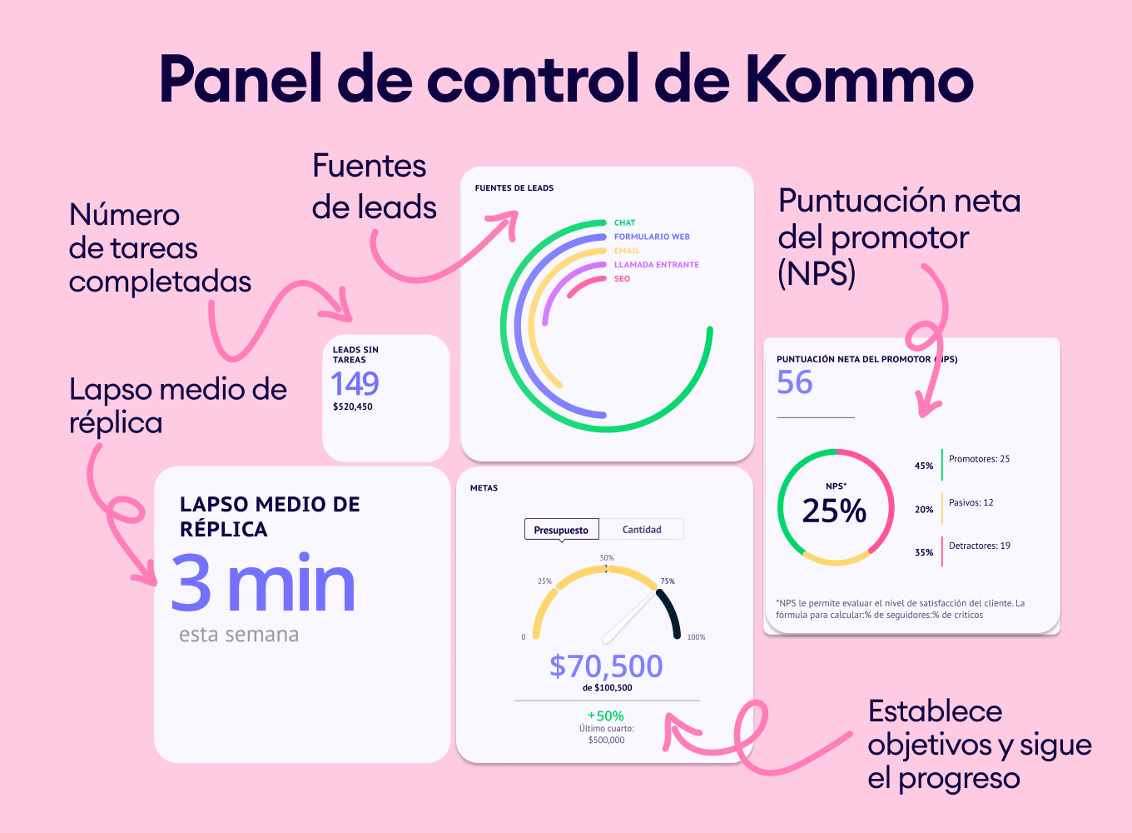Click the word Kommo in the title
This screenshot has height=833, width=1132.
point(858,79)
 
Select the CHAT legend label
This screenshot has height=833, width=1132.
point(624,222)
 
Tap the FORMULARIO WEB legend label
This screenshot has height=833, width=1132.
point(652,237)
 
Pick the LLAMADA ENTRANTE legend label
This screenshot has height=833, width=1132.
point(656,265)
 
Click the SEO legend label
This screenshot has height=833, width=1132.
point(622,279)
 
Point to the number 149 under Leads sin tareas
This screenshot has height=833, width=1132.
point(355,384)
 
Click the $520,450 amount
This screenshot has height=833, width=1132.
point(353,407)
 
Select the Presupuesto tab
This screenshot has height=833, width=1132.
point(561,530)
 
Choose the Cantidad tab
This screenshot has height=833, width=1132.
point(642,530)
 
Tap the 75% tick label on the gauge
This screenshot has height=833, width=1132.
point(668,581)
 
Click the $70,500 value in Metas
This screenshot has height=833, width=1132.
point(606,666)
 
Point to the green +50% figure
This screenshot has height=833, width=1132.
point(606,716)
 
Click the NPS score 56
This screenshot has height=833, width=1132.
point(794,382)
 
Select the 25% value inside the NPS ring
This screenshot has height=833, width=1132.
point(834,511)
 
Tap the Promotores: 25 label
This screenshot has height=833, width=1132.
point(979,459)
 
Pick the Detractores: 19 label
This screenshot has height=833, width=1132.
point(979,546)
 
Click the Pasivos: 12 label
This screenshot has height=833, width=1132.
point(971,502)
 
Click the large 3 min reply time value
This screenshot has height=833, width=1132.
point(263,585)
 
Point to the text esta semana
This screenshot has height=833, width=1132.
point(239,635)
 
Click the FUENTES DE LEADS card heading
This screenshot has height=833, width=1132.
point(514,188)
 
